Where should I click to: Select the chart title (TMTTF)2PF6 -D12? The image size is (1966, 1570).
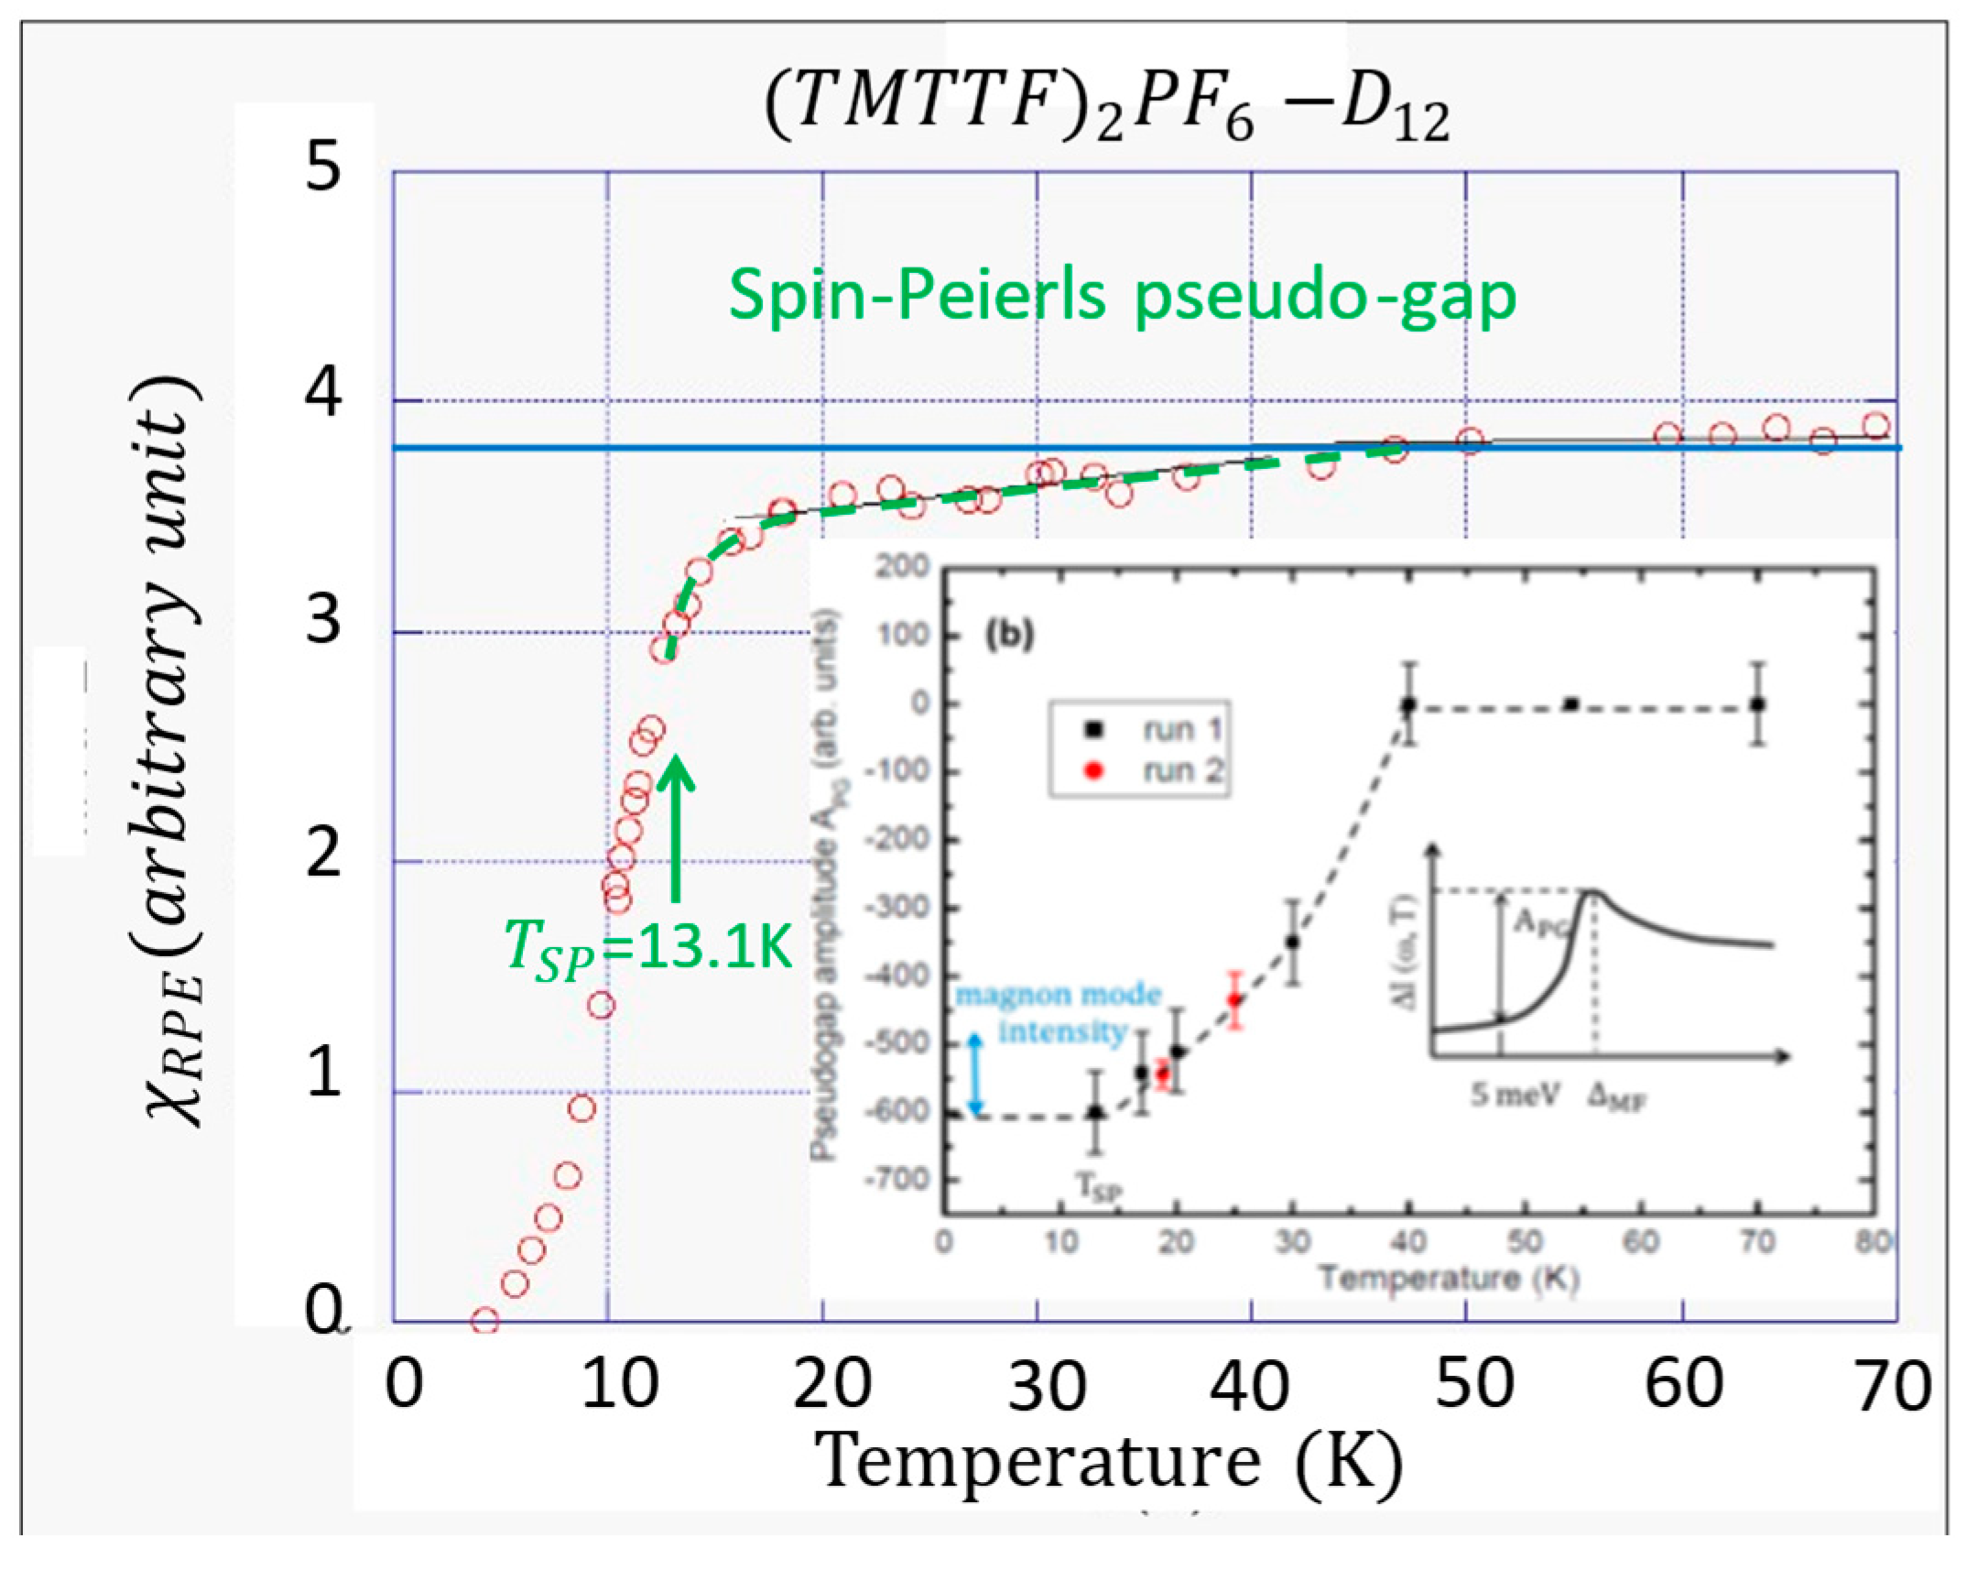point(1106,108)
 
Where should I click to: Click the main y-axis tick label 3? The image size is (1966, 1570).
point(323,620)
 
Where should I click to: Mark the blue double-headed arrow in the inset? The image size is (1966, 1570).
point(976,1074)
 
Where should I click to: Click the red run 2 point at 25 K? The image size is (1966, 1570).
point(1234,999)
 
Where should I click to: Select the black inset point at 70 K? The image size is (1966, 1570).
point(1756,704)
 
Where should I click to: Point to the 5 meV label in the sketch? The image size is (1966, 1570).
point(1515,1095)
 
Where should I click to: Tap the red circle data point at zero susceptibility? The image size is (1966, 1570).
point(484,1321)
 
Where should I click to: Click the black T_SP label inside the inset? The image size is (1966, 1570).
point(1096,1188)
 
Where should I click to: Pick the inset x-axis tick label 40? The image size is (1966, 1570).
point(1408,1243)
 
